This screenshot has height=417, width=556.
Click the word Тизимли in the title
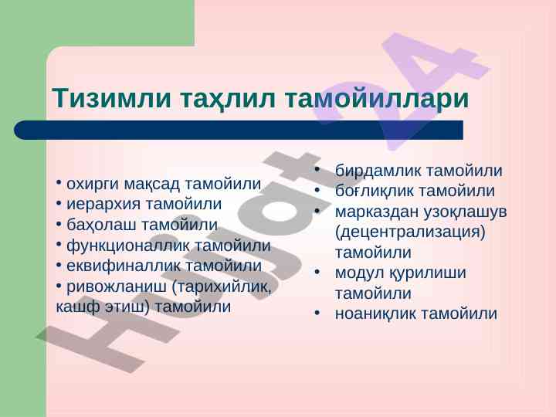coord(112,97)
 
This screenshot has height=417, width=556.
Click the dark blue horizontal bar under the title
coord(239,130)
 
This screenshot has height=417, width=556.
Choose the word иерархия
coord(104,205)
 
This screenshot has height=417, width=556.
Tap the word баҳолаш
coord(101,225)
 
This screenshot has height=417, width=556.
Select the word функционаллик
coord(128,246)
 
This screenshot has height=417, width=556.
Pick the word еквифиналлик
coord(124,266)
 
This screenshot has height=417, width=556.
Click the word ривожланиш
coord(116,286)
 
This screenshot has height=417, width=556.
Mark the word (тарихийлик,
coord(222,286)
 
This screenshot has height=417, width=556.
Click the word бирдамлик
coord(378,171)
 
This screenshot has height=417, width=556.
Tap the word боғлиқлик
coord(377,192)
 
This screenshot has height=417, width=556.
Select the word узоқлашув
coord(465,213)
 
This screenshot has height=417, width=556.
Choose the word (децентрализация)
coord(410,232)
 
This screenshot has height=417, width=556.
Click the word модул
coord(360,273)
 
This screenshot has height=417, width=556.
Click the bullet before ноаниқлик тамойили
coord(317,314)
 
